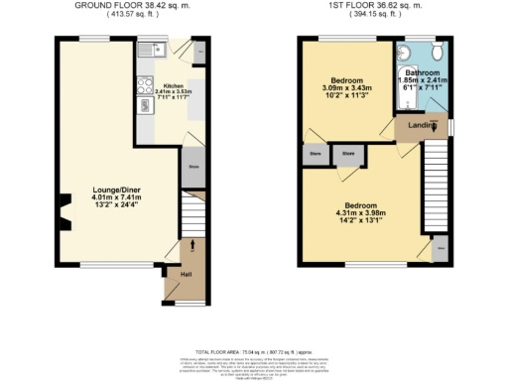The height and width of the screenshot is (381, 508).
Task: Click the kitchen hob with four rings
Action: tap(145, 85)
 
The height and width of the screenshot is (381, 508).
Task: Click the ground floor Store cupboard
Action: tap(192, 166)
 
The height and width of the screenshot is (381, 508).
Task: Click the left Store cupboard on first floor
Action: tap(316, 154)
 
